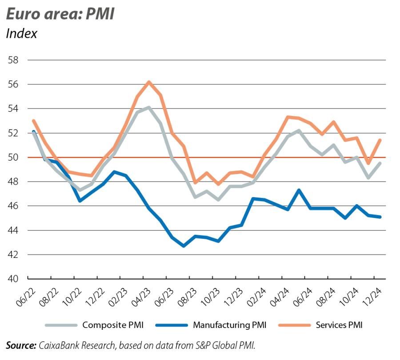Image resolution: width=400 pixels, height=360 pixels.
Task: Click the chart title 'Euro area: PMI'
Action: tap(60, 14)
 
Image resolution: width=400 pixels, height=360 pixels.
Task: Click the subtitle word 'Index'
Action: tap(21, 34)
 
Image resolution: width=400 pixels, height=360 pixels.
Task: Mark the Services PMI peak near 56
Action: tap(149, 82)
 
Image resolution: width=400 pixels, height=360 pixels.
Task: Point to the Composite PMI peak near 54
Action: tap(148, 107)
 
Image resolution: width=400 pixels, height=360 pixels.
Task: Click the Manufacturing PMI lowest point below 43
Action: tap(184, 245)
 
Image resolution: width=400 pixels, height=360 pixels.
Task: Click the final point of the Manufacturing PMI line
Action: tap(380, 217)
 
